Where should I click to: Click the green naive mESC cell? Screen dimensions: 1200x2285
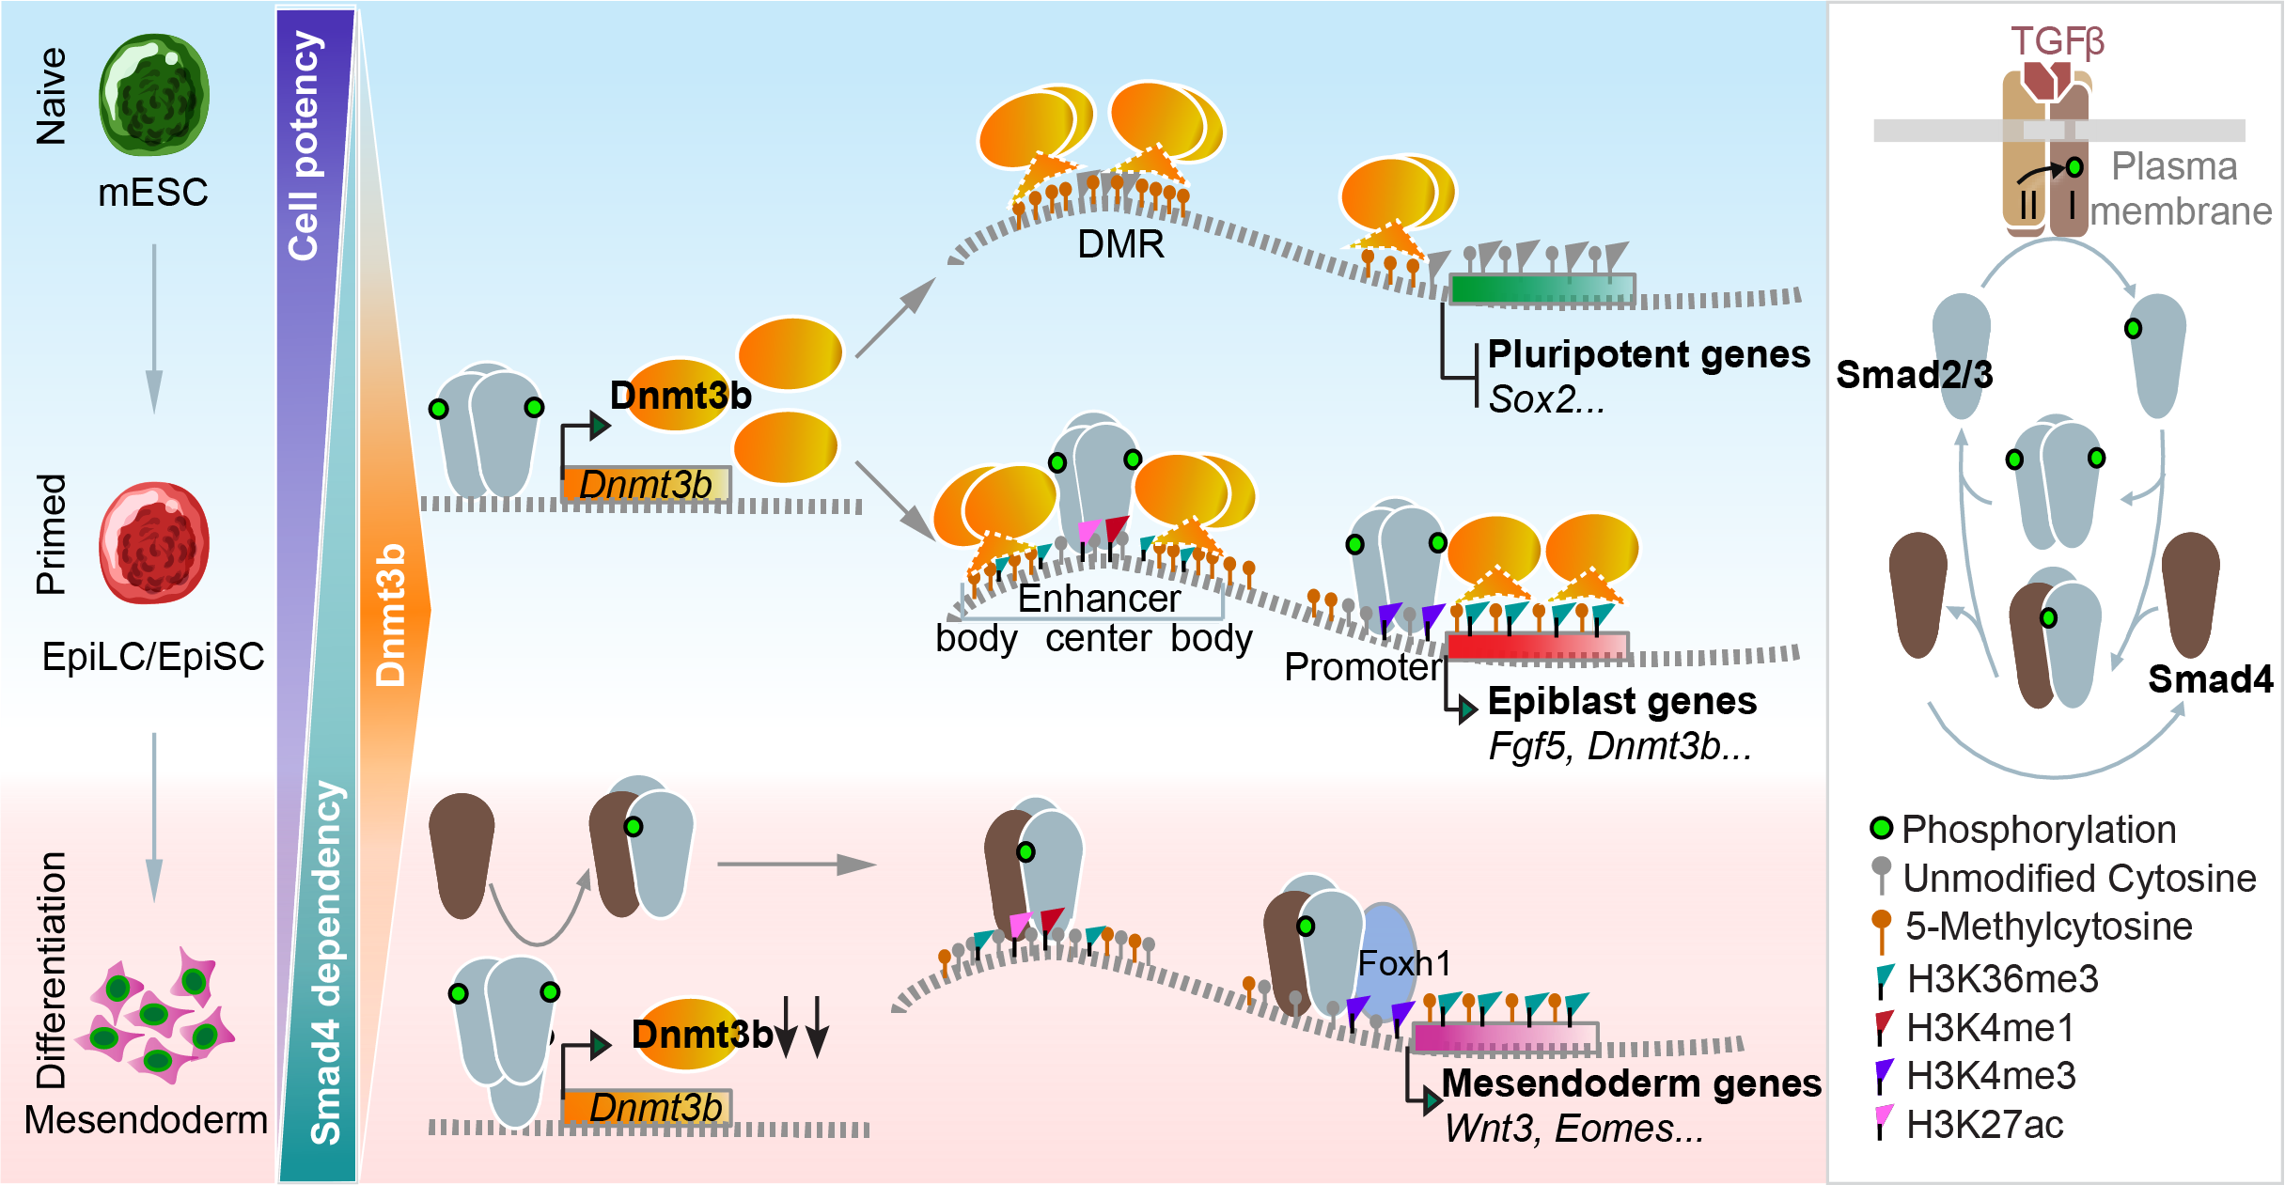pos(154,95)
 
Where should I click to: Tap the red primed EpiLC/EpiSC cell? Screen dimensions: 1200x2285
pos(154,543)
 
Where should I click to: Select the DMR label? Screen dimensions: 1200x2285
pos(1120,244)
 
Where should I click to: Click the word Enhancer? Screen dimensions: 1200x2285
pos(1099,599)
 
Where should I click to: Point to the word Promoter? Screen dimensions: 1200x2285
pos(1362,667)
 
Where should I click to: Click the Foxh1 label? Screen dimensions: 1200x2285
pos(1404,964)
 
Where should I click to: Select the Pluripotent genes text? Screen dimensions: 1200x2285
pos(1649,354)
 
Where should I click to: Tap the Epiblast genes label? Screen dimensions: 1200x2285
pos(1622,701)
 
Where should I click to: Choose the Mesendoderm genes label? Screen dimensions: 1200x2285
pos(1632,1083)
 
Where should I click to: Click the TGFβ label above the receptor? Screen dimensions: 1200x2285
pos(2057,41)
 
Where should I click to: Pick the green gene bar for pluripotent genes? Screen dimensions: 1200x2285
pos(1542,288)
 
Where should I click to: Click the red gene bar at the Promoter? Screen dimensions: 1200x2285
pos(1538,646)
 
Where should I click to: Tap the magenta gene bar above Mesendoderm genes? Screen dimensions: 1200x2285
pos(1505,1038)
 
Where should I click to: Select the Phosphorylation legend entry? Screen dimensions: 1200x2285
pos(2038,830)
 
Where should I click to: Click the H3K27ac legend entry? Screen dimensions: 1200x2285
pos(1983,1124)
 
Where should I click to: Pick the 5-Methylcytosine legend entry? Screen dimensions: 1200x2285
pos(2047,927)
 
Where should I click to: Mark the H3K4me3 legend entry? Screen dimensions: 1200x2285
pos(1989,1075)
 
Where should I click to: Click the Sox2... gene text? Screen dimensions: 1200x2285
pos(1546,400)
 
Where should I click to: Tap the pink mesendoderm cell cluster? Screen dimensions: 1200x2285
pos(157,1015)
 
